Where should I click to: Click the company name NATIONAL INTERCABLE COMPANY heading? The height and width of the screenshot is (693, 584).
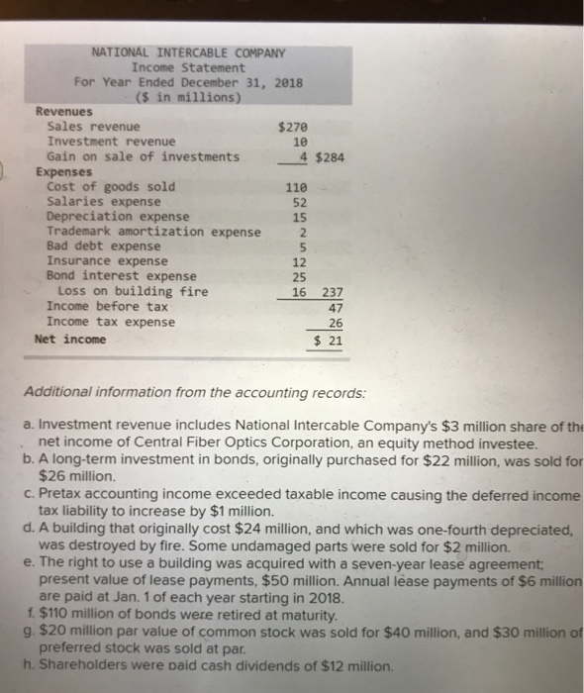[x=188, y=52]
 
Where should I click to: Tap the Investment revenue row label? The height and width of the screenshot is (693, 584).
[x=111, y=142]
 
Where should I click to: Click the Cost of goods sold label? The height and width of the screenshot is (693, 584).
[x=111, y=186]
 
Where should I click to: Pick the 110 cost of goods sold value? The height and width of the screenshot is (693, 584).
[x=297, y=186]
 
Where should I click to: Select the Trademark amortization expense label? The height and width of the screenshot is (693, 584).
[x=153, y=231]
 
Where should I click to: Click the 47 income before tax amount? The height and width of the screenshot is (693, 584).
[x=335, y=307]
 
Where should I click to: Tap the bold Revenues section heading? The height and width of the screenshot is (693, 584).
[x=64, y=112]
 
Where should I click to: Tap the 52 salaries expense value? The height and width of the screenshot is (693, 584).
[x=301, y=201]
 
